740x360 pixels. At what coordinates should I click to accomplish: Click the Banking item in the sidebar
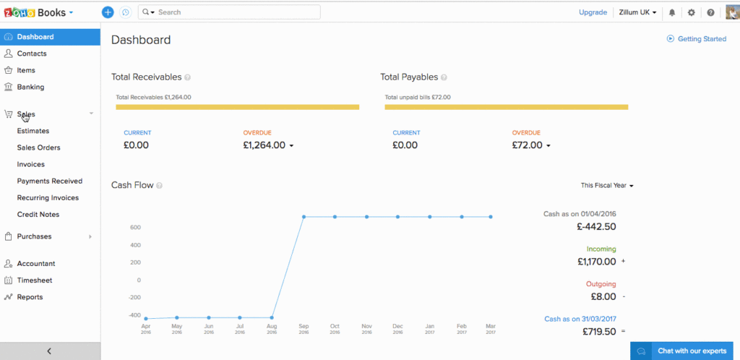(30, 87)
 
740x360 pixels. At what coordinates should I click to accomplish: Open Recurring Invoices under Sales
(48, 197)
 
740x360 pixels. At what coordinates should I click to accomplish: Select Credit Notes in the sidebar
(38, 214)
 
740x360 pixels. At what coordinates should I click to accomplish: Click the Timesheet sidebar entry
(35, 280)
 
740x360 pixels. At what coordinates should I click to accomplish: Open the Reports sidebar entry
(30, 296)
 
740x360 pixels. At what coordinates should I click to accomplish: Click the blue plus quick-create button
(108, 12)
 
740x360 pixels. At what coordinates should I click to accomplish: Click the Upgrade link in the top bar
(593, 12)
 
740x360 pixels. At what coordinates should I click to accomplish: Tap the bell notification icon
(672, 12)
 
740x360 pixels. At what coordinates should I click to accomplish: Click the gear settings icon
(692, 12)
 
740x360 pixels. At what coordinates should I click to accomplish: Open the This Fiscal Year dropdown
(607, 186)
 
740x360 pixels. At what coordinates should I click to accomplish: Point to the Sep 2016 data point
(304, 217)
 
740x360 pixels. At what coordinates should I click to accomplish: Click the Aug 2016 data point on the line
(272, 317)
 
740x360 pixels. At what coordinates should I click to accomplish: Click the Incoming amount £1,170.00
(596, 262)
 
